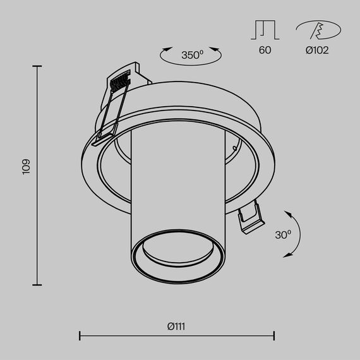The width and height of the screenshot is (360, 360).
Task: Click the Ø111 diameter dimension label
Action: coord(176,327)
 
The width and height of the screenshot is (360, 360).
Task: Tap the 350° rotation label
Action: coord(192,55)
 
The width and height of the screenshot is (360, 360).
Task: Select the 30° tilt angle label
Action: coord(283,234)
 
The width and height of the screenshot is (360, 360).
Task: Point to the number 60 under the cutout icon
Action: coord(265,50)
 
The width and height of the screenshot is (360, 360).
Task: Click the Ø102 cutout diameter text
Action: coord(317,50)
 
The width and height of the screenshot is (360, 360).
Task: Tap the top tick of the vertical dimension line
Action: coord(37,66)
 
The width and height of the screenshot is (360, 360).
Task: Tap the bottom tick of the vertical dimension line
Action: coord(37,285)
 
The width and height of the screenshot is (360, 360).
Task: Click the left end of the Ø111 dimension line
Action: coord(80,336)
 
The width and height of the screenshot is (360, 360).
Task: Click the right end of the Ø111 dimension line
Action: coord(273,336)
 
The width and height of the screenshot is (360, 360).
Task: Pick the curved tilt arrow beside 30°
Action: coord(297,234)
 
